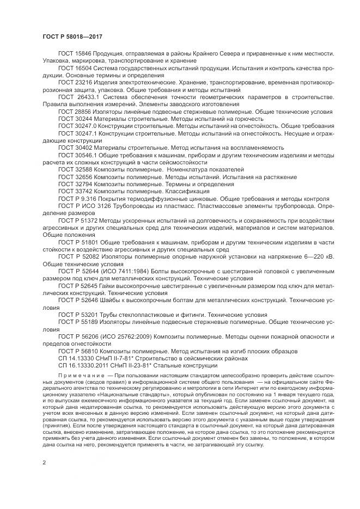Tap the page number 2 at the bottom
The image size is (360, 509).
[x=44, y=463]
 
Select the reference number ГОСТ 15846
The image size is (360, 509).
[x=75, y=55]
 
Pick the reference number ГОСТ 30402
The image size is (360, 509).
[x=75, y=147]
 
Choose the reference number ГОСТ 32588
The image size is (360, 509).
[x=75, y=169]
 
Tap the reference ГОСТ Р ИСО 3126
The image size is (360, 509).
[x=84, y=206]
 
